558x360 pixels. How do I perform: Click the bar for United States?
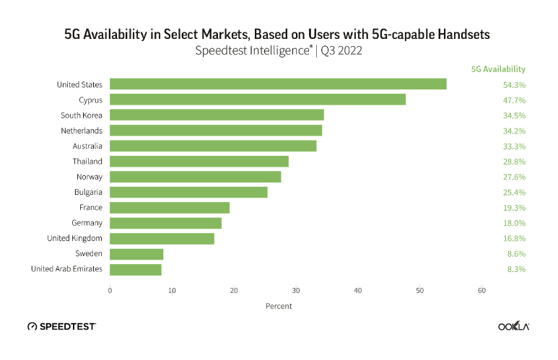tap(278, 84)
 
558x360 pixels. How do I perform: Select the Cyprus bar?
tap(258, 100)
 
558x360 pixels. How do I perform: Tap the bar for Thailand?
tap(199, 161)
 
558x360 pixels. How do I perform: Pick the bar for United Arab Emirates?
tap(136, 269)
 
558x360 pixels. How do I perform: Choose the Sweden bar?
tap(136, 254)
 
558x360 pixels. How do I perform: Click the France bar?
tap(170, 208)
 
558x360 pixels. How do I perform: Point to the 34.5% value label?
tap(513, 115)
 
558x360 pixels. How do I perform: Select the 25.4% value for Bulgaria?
tap(513, 192)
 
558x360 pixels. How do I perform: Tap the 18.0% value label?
tap(513, 223)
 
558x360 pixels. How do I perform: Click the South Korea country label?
tap(81, 115)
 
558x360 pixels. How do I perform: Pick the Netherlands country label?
tap(81, 131)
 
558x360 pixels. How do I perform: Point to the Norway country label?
tap(89, 177)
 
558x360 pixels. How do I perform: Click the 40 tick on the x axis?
tap(357, 290)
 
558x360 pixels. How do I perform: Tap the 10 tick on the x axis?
tap(172, 290)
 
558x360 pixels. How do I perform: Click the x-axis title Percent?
tap(279, 306)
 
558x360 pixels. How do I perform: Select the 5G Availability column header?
tap(498, 69)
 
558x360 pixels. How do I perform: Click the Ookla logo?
tap(513, 326)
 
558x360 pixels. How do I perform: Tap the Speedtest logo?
tap(62, 326)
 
